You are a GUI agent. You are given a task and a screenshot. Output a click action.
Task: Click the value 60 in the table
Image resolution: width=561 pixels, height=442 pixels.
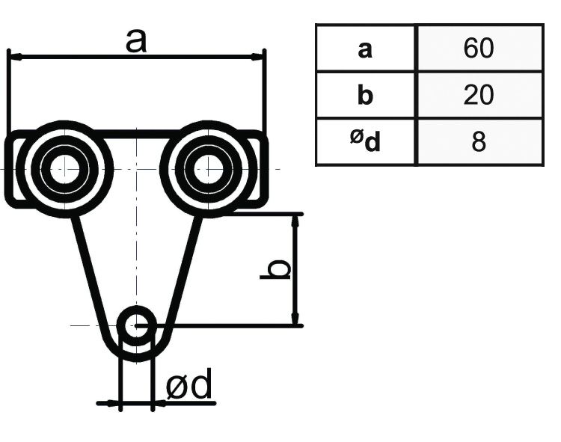tap(479, 49)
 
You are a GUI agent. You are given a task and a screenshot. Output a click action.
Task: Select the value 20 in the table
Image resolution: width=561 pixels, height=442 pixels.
tap(479, 95)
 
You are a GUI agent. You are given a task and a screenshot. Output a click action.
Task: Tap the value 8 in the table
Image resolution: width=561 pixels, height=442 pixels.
tap(479, 142)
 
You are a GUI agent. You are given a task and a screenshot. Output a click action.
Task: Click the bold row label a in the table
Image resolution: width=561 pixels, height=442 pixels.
tap(365, 49)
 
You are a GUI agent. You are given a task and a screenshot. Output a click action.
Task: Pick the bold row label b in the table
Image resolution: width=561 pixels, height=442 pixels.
tap(365, 96)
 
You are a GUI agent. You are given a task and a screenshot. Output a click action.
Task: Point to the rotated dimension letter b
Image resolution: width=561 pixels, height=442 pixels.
tap(276, 270)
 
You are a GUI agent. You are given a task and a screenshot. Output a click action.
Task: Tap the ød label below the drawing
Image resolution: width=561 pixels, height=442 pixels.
tap(188, 386)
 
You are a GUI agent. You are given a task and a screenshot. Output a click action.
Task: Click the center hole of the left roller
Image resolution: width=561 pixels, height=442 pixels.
tap(63, 168)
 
